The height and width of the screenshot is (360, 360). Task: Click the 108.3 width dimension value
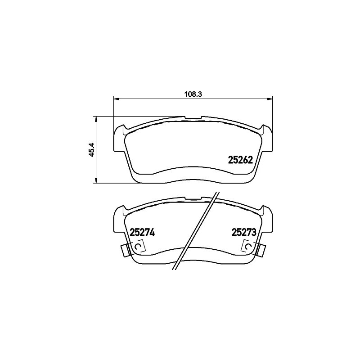193,94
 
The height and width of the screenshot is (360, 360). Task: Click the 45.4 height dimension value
92,150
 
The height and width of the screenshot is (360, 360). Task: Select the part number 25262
240,160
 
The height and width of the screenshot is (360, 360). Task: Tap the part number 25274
142,233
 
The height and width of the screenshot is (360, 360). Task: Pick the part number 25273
244,233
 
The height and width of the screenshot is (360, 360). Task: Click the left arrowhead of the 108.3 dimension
117,99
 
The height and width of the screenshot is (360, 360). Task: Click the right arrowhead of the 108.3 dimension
270,99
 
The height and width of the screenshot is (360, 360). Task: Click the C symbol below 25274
138,246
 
